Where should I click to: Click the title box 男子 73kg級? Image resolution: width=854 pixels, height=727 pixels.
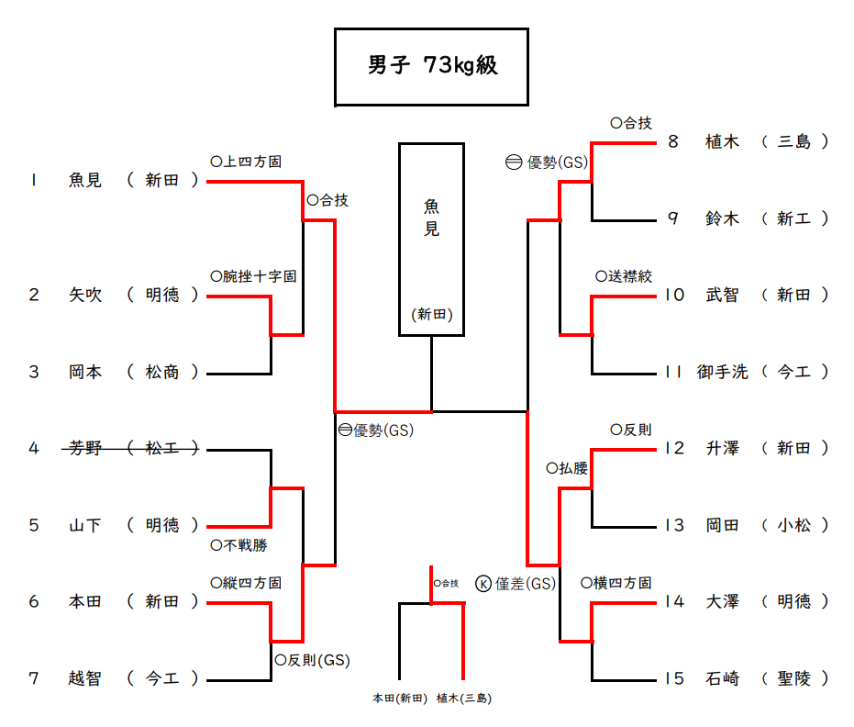click(x=431, y=66)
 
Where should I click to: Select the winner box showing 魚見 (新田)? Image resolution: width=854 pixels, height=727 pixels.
click(x=431, y=239)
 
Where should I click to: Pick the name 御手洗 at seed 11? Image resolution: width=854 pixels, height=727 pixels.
click(x=722, y=372)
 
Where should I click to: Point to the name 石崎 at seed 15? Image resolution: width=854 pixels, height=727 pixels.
click(x=722, y=678)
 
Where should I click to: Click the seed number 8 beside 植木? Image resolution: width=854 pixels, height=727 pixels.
click(x=672, y=141)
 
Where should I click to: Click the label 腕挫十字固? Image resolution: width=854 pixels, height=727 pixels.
click(x=259, y=275)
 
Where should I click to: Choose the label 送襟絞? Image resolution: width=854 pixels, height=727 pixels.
click(x=629, y=275)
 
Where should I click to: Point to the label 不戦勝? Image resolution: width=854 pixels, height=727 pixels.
click(x=244, y=545)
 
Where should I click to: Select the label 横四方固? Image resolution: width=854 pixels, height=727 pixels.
click(x=622, y=583)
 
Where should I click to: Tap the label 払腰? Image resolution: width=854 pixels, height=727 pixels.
click(x=572, y=467)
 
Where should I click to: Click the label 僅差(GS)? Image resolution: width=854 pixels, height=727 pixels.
click(x=525, y=583)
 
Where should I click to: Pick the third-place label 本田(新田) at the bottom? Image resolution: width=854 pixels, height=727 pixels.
click(x=400, y=699)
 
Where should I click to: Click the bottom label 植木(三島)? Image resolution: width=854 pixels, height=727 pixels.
click(x=463, y=699)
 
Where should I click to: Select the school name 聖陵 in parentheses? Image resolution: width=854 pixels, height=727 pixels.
click(x=793, y=678)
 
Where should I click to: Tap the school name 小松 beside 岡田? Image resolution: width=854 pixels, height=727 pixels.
click(x=793, y=525)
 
